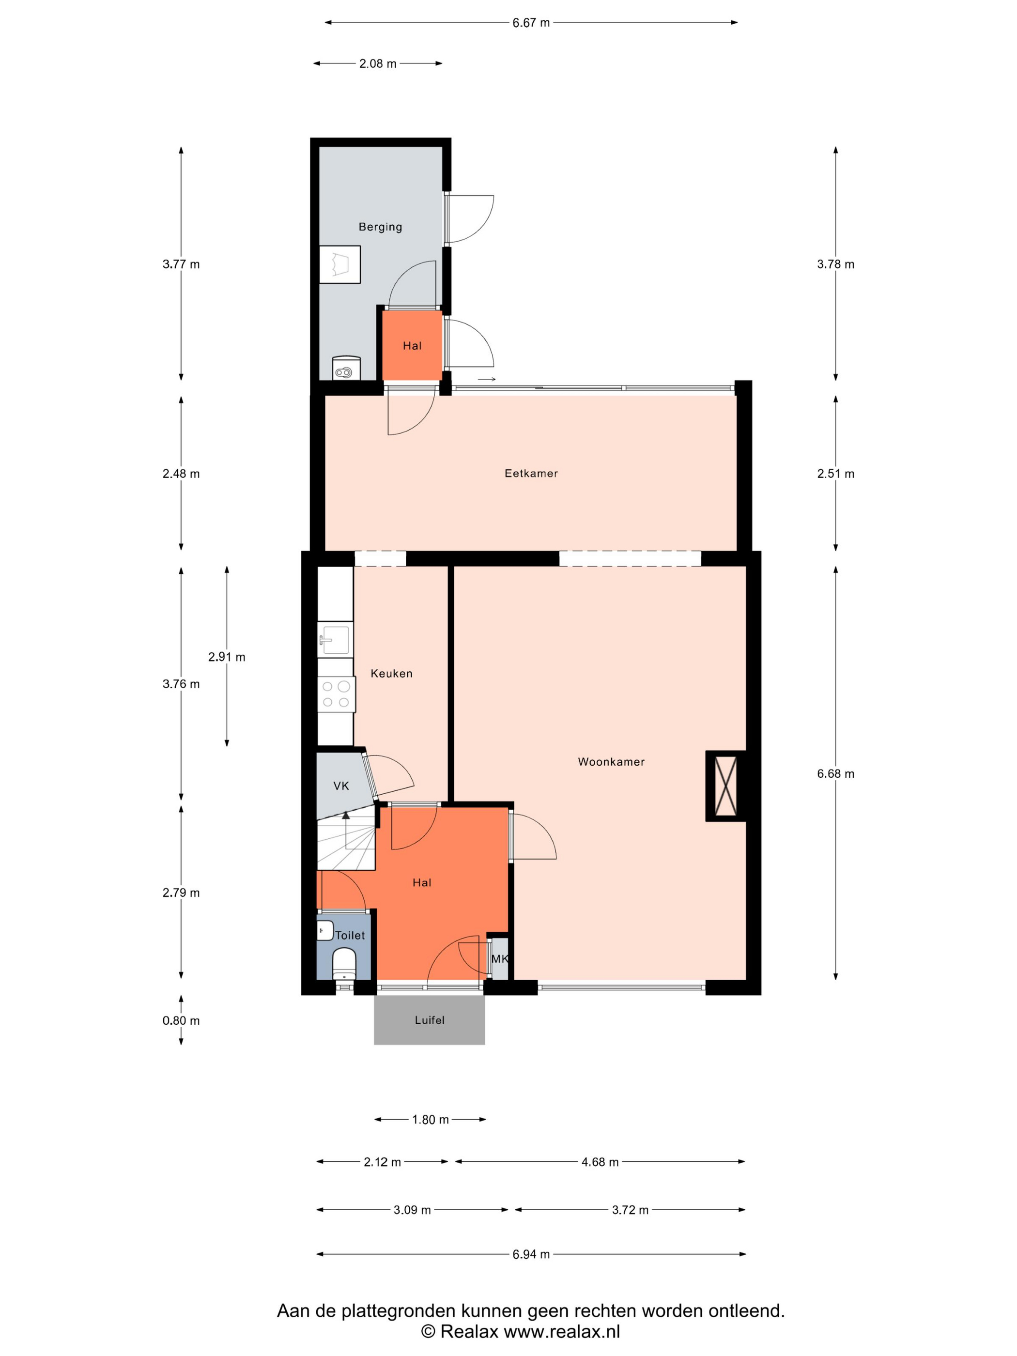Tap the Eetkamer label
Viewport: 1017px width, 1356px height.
click(x=531, y=473)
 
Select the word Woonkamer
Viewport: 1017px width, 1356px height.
click(x=611, y=762)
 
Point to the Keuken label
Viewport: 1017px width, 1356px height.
click(x=391, y=674)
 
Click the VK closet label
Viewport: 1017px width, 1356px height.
click(x=341, y=786)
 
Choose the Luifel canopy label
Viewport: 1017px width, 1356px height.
click(x=429, y=1020)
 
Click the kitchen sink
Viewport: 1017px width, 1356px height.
click(x=335, y=639)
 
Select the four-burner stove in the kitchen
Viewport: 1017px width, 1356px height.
click(x=336, y=694)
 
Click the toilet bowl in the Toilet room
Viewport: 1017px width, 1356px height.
click(x=344, y=964)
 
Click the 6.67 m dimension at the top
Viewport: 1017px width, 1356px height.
click(x=531, y=23)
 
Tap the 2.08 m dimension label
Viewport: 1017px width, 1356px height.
click(x=378, y=64)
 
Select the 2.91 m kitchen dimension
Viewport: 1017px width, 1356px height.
click(x=227, y=657)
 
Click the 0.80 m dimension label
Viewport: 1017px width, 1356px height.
click(x=181, y=1021)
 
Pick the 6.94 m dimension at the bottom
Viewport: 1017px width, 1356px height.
click(x=531, y=1254)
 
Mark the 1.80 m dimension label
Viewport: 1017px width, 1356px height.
click(x=431, y=1120)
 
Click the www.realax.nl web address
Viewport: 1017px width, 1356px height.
click(x=561, y=1331)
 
